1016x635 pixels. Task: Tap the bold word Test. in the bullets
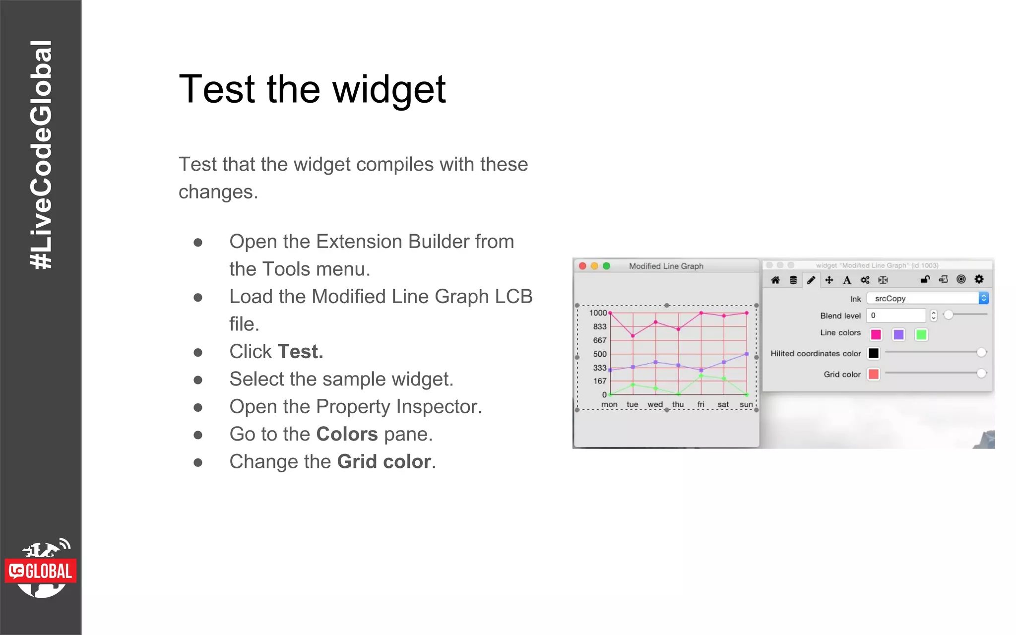(300, 352)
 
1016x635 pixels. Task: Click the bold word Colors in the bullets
(347, 434)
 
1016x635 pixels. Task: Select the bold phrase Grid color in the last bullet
(384, 462)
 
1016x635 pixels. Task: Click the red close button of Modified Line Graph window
(583, 266)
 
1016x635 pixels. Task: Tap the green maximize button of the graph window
(606, 266)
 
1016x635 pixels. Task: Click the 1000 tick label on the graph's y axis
(598, 313)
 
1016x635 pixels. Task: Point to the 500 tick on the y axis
(599, 354)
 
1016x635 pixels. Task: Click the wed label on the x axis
(655, 405)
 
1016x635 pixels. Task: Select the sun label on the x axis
(746, 405)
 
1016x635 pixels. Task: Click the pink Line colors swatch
(876, 335)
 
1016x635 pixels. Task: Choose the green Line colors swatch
(921, 335)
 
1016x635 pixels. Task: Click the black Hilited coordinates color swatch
(874, 353)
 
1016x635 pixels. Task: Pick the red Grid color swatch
(874, 374)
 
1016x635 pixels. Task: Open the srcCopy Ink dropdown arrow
(983, 298)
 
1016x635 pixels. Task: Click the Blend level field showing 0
(895, 316)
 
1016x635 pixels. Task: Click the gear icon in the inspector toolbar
(979, 279)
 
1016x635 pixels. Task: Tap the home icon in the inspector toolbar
(775, 280)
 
